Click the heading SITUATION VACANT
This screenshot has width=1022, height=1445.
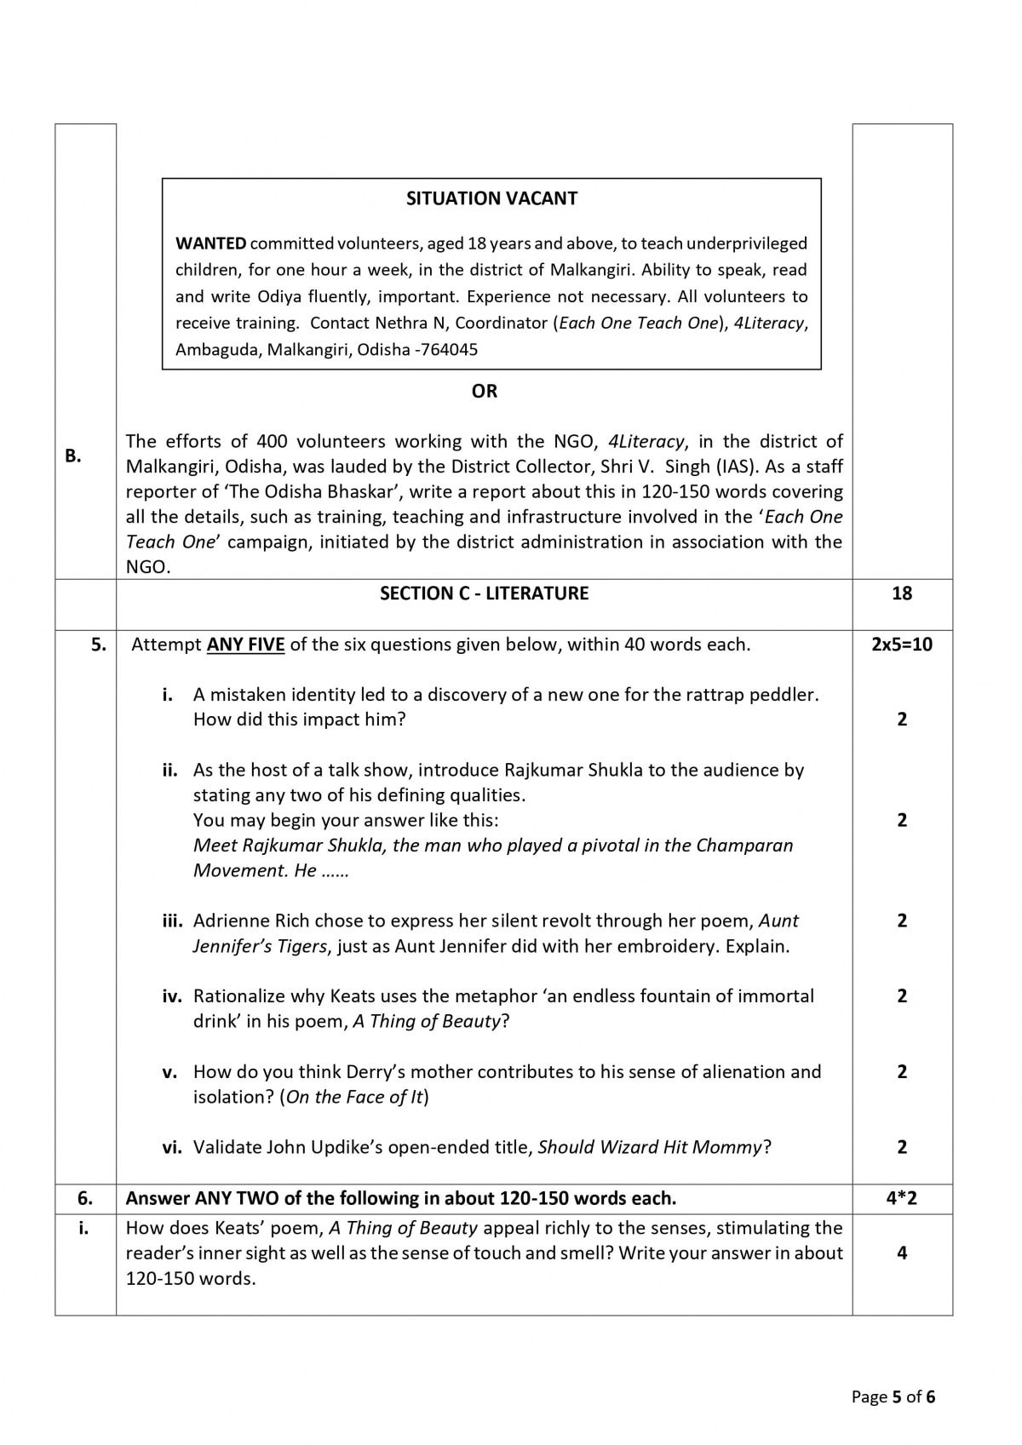tap(491, 198)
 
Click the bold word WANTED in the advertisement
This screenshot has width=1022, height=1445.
tap(210, 244)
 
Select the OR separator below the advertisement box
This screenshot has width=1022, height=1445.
tap(484, 391)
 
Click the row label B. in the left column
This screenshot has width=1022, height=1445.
tap(73, 456)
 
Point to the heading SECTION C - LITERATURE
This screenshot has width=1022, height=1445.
tap(484, 593)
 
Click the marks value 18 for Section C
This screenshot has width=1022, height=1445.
tap(901, 593)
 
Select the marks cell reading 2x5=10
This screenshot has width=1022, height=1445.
tap(901, 644)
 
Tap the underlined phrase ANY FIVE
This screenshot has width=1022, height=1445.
tap(245, 645)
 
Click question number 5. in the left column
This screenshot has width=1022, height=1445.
tap(99, 645)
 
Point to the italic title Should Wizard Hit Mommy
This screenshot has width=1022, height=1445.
tap(650, 1147)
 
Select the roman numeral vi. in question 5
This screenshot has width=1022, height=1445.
tap(172, 1147)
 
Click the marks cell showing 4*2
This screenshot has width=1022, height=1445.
tap(901, 1198)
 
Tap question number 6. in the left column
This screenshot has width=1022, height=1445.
tap(85, 1198)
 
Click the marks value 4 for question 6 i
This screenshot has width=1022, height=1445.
tap(901, 1253)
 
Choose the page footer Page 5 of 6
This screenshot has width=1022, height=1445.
tap(893, 1396)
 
